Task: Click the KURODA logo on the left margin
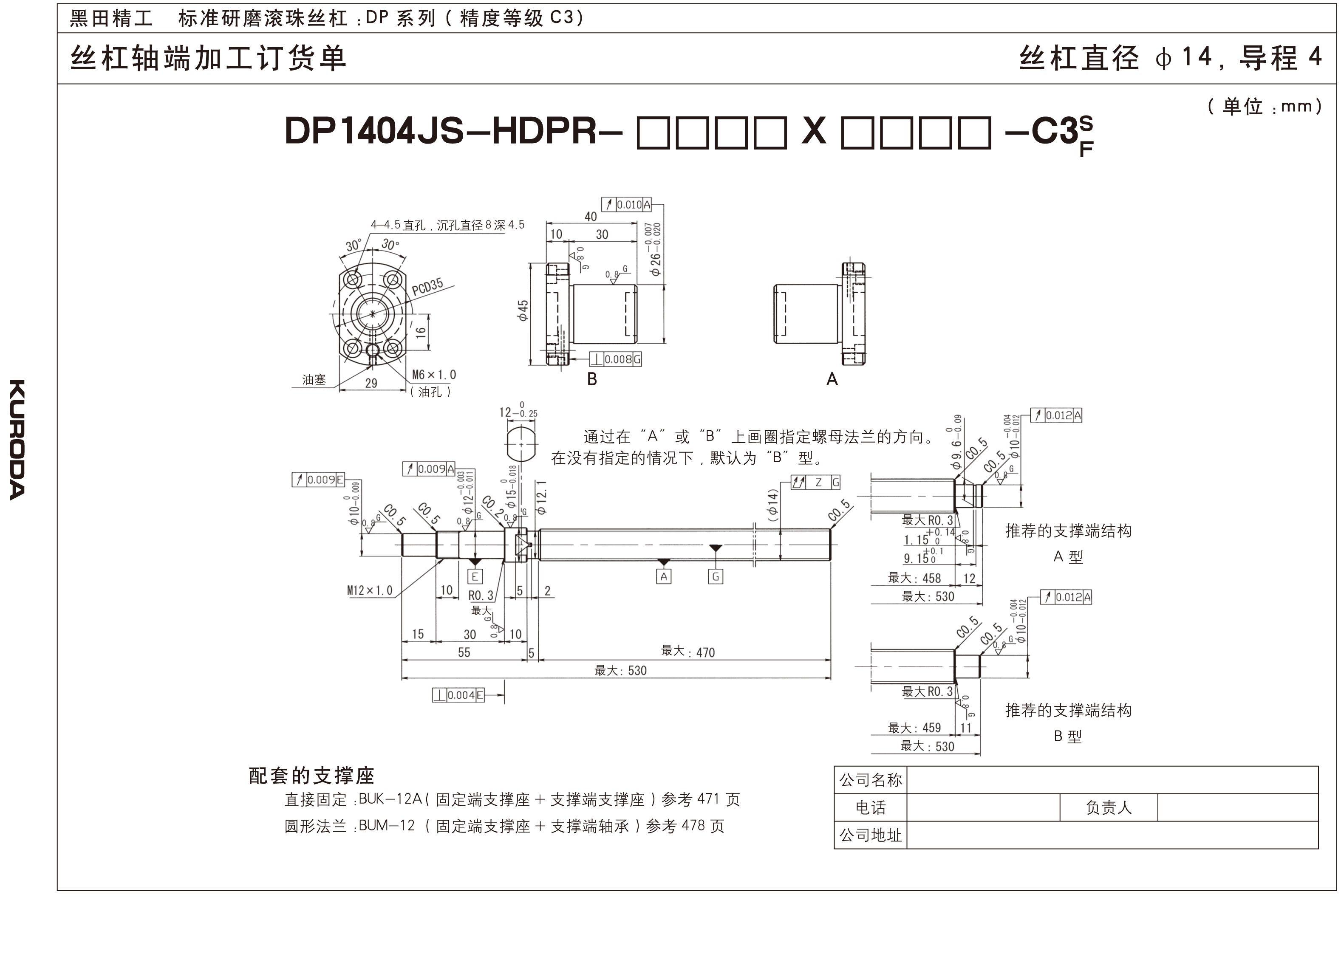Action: tap(17, 439)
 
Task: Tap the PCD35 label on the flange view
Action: tap(427, 287)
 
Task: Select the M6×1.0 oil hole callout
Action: tap(434, 375)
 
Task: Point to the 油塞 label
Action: tap(314, 379)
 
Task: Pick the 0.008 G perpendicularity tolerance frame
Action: tap(615, 359)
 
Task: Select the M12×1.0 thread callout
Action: tap(370, 590)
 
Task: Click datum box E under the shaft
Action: tap(475, 576)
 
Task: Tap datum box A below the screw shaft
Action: tap(663, 576)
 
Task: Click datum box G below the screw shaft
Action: tap(715, 576)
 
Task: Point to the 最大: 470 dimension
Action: tap(687, 652)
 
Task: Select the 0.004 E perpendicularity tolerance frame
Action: tap(458, 695)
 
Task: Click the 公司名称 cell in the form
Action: tap(870, 780)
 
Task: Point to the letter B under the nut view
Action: tap(592, 379)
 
